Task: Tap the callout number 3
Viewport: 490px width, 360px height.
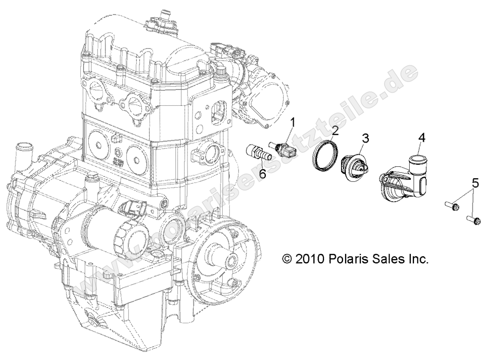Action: pyautogui.click(x=365, y=138)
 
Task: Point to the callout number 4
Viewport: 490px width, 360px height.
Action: pyautogui.click(x=422, y=138)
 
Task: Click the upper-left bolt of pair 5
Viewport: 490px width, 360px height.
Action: pyautogui.click(x=452, y=206)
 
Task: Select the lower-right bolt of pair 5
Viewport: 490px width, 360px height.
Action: pyautogui.click(x=474, y=218)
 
